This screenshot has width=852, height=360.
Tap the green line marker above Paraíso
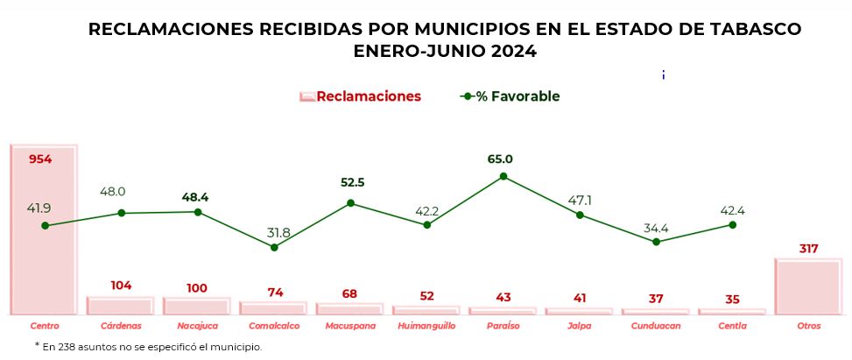click(x=503, y=176)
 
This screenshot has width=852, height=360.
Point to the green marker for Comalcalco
click(x=274, y=247)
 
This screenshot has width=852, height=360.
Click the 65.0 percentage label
click(x=500, y=159)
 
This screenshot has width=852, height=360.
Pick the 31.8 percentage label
click(x=278, y=232)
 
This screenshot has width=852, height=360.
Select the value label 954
click(x=41, y=159)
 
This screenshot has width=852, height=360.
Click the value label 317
click(x=808, y=249)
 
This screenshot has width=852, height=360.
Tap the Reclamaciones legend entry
click(x=360, y=96)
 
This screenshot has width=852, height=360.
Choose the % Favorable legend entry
click(x=510, y=96)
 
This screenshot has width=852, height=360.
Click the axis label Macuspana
click(x=350, y=326)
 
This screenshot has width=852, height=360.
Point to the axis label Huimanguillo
click(x=426, y=326)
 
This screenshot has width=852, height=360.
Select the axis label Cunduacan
click(x=656, y=326)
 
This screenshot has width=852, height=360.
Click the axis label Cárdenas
click(x=121, y=326)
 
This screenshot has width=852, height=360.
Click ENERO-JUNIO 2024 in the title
click(x=445, y=52)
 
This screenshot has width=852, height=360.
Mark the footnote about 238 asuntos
click(x=149, y=347)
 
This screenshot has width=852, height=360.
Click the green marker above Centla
click(x=732, y=224)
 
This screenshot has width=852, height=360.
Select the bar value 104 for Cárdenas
click(x=121, y=286)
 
